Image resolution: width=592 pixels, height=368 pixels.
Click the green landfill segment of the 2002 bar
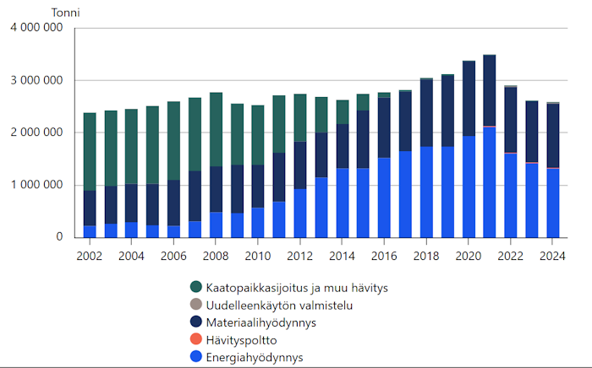(90, 151)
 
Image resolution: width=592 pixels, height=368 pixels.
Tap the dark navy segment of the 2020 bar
(469, 98)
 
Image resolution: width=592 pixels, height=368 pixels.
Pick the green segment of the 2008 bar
(216, 129)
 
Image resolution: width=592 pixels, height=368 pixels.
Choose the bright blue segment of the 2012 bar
(300, 213)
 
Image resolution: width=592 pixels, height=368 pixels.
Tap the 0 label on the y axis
(59, 238)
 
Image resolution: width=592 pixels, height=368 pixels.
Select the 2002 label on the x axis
(90, 255)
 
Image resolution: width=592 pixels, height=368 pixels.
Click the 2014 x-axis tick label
(342, 255)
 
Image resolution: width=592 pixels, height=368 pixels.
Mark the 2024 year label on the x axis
(552, 255)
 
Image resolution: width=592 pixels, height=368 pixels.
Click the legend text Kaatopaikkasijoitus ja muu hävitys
(290, 288)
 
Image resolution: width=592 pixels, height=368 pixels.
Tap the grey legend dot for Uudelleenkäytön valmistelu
(196, 305)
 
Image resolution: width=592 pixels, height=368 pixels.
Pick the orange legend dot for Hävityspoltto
(196, 339)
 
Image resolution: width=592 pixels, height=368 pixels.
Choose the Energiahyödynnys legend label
(255, 357)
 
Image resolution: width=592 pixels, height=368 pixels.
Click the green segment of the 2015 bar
(363, 102)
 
